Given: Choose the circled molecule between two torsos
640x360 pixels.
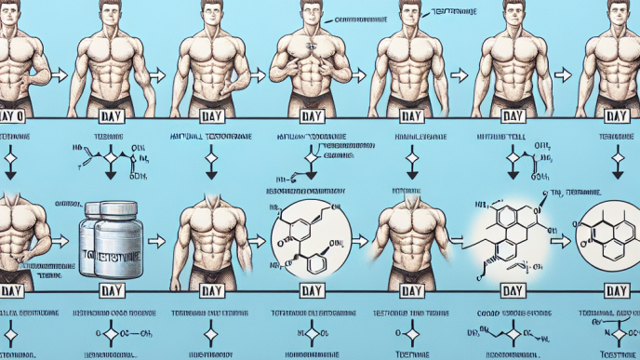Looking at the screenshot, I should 311,238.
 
